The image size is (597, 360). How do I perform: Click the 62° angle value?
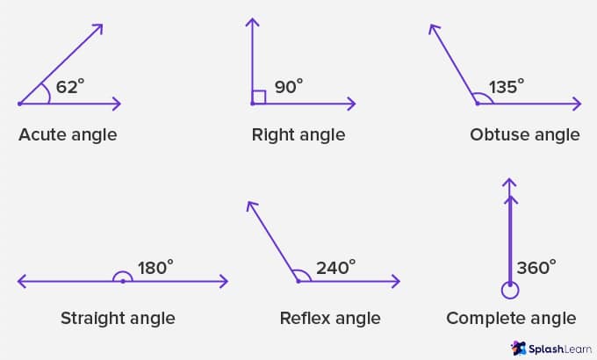pyautogui.click(x=70, y=86)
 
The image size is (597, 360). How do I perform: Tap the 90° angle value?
pyautogui.click(x=289, y=86)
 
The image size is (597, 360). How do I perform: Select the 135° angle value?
pyautogui.click(x=507, y=86)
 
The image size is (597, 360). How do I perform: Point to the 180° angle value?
pyautogui.click(x=155, y=268)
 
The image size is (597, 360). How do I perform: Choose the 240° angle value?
pyautogui.click(x=335, y=268)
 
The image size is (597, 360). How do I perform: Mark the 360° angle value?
pyautogui.click(x=536, y=268)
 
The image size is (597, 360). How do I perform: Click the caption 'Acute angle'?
pyautogui.click(x=68, y=135)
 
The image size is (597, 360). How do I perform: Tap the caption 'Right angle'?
pyautogui.click(x=298, y=135)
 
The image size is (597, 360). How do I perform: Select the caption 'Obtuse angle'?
pyautogui.click(x=525, y=135)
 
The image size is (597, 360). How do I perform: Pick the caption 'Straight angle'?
pyautogui.click(x=118, y=319)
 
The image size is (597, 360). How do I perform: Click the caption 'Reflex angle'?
pyautogui.click(x=330, y=319)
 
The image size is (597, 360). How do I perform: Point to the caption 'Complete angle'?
pyautogui.click(x=511, y=319)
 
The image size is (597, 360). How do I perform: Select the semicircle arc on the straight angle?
pyautogui.click(x=123, y=272)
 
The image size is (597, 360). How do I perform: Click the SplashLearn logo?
pyautogui.click(x=551, y=349)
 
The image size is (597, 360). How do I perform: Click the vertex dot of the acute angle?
pyautogui.click(x=19, y=104)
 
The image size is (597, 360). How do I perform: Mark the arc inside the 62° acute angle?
pyautogui.click(x=48, y=93)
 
